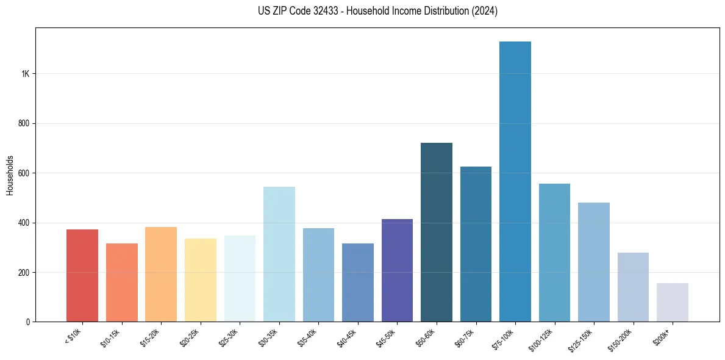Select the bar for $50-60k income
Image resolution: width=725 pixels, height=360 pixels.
point(437,232)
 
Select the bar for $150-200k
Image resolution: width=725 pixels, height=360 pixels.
point(633,287)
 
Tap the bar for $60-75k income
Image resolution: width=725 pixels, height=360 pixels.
point(476,244)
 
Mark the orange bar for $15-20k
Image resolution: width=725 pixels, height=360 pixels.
point(161,275)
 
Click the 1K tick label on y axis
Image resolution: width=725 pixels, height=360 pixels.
point(25,74)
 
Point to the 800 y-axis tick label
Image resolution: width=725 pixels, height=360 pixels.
point(24,123)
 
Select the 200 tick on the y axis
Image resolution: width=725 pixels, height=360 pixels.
point(24,272)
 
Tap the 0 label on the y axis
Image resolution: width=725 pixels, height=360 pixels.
point(28,322)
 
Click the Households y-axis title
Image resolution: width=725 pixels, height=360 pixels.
point(10,175)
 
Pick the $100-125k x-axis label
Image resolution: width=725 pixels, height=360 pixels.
point(545,338)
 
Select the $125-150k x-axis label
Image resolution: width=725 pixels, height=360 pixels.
point(584,338)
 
